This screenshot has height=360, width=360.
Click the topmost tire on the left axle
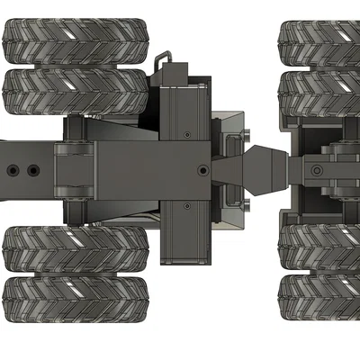coord(76,40)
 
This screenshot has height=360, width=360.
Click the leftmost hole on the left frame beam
coord(12,169)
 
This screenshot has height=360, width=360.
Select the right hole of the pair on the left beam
coord(33,169)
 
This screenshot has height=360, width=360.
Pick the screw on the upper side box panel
coord(185,132)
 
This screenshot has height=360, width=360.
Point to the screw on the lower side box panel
coord(185,206)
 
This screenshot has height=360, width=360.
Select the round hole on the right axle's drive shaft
coord(316,169)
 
